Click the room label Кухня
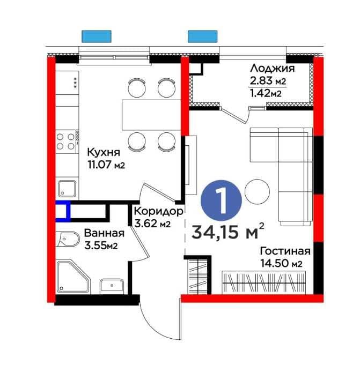point(104,152)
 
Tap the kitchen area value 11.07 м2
point(106,165)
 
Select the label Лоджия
point(273,69)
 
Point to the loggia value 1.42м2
point(266,93)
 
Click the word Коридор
point(159,211)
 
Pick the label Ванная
point(104,233)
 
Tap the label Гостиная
point(285,251)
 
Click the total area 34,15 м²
point(228,232)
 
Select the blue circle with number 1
point(221,200)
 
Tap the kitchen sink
point(67,188)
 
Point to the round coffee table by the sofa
point(257,191)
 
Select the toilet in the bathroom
point(68,239)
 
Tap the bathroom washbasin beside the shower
point(112,286)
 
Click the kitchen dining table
point(151,115)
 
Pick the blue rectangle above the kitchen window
point(97,36)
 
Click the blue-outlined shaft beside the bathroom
point(63,211)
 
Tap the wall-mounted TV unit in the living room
point(190,165)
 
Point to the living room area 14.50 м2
point(281,264)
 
